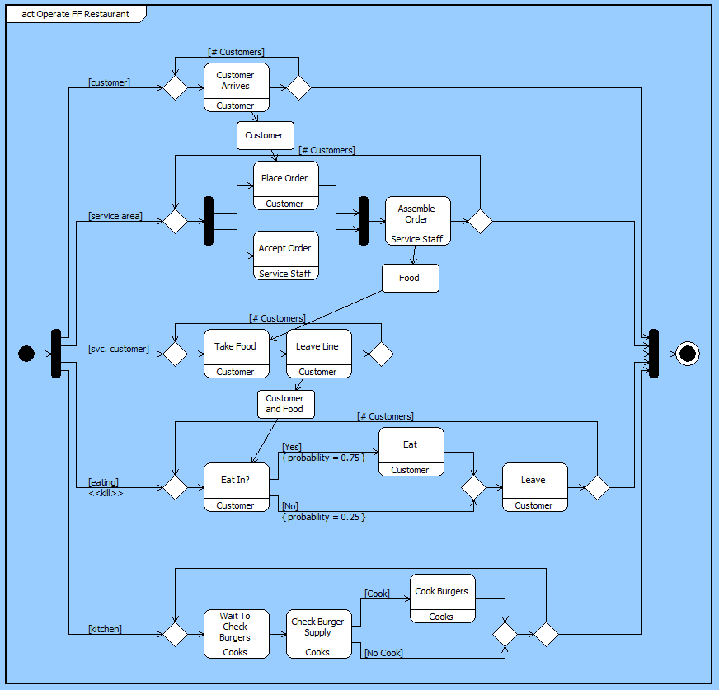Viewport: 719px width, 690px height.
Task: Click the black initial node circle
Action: tap(26, 354)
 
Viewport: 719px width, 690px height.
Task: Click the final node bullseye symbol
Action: tap(687, 354)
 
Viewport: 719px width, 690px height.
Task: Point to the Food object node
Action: tap(410, 278)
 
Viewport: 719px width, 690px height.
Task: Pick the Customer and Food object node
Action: tap(285, 404)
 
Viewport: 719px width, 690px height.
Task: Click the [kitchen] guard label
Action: tap(106, 629)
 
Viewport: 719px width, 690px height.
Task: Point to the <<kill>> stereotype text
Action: tap(106, 493)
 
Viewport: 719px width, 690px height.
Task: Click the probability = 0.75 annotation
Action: tap(323, 458)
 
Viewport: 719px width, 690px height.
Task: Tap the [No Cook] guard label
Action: tap(383, 653)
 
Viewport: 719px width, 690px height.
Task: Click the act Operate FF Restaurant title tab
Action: tap(76, 14)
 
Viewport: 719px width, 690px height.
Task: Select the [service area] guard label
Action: tap(115, 216)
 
